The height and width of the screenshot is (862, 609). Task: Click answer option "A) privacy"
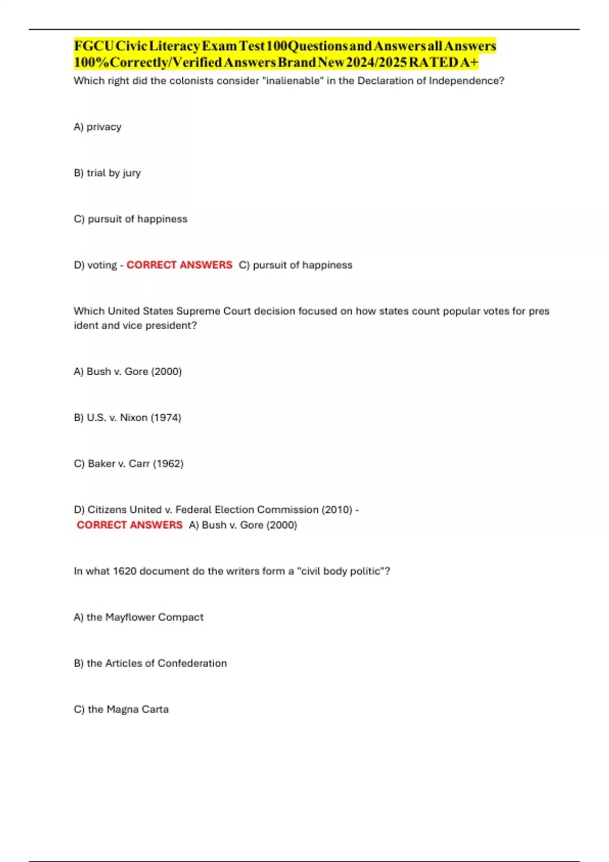tap(97, 127)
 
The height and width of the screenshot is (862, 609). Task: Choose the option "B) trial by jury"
tap(107, 173)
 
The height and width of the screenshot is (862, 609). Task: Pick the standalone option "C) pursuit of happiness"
tap(130, 219)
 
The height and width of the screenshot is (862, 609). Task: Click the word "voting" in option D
tap(102, 265)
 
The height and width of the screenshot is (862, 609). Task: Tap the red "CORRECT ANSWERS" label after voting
tap(179, 265)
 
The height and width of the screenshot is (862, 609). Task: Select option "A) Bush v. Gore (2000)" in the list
tap(127, 372)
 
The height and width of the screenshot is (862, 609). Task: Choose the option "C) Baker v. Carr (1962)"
tap(128, 464)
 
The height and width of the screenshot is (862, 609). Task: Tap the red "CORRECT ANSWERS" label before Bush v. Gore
tap(129, 525)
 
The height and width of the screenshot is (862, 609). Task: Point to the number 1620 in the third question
tap(124, 571)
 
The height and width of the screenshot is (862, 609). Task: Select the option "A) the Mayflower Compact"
tap(139, 618)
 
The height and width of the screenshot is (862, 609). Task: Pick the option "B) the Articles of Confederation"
tap(150, 664)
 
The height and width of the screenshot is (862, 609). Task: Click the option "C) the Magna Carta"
tap(121, 709)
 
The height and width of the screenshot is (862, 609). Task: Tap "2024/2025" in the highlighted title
tap(376, 62)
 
